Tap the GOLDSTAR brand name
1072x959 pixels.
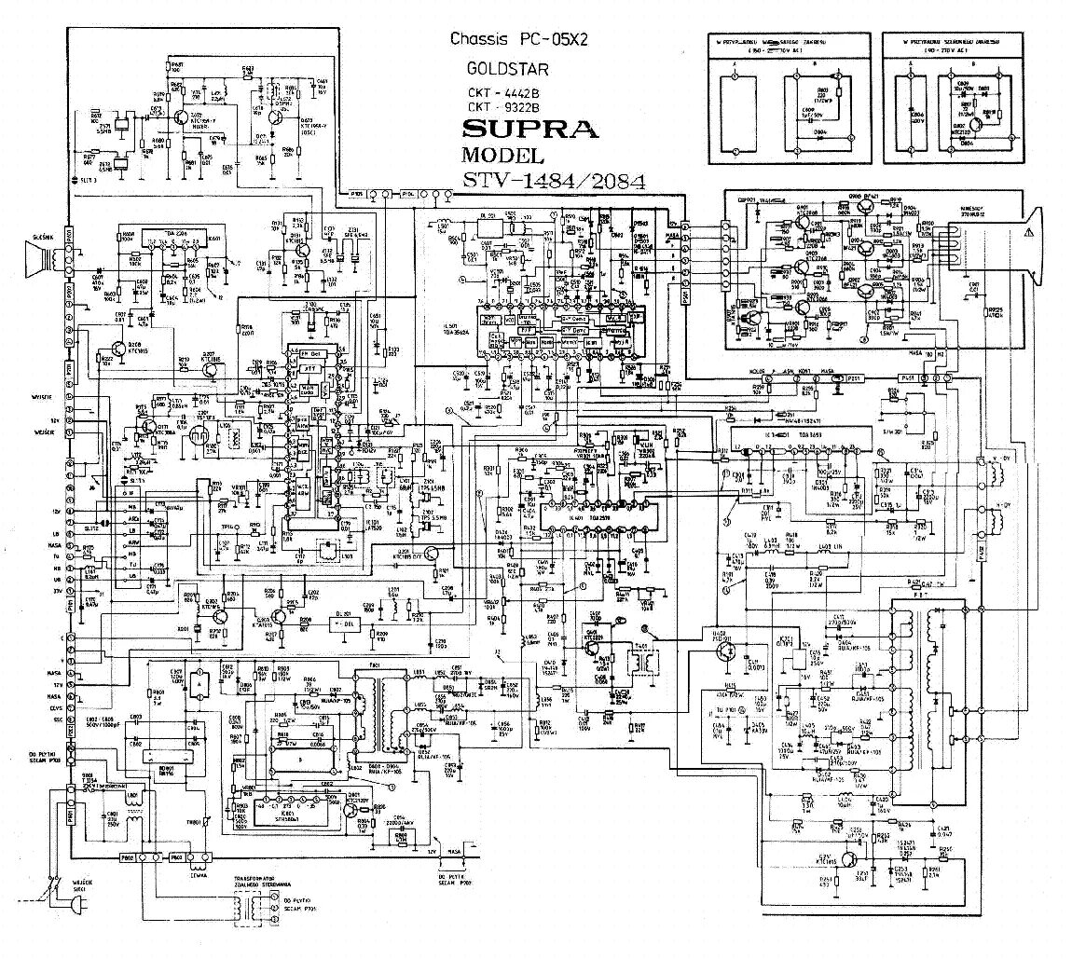508,69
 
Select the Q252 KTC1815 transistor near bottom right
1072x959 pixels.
847,860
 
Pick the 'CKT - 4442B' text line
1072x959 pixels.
503,93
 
